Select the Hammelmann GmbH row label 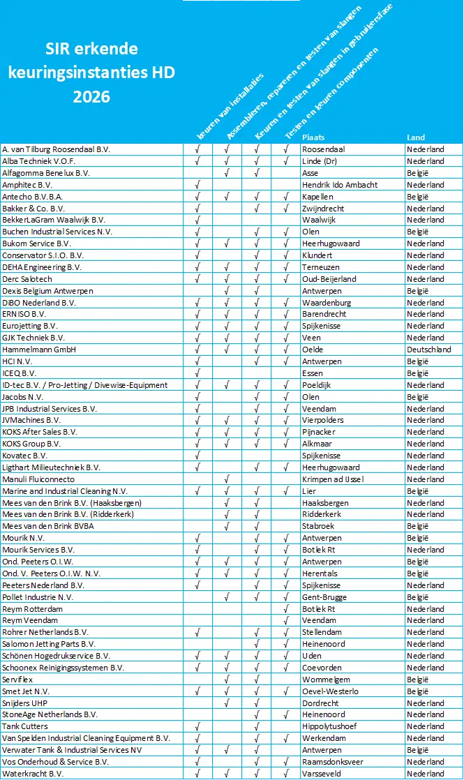coord(39,350)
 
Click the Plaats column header coord(313,137)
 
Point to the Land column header coord(416,137)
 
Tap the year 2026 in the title coord(91,97)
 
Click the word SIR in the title coord(57,49)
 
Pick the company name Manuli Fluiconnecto coord(38,479)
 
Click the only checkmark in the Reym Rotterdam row coord(286,608)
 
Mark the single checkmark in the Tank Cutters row coord(199,726)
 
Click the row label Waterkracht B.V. coord(33,773)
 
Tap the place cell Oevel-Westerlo coord(330,691)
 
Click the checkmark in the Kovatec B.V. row coord(199,456)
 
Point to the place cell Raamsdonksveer coord(334,762)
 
